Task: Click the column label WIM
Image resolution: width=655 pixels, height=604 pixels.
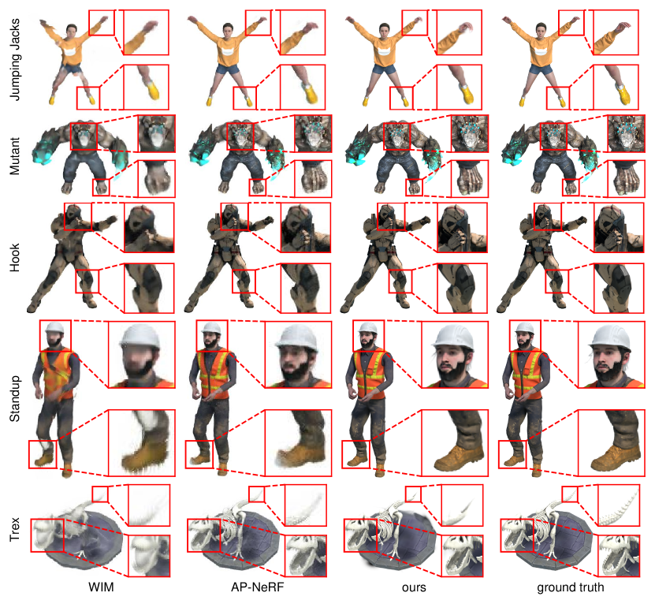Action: click(101, 587)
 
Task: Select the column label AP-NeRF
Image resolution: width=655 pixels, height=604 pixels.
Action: click(257, 587)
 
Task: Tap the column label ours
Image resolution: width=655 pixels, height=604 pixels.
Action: click(414, 587)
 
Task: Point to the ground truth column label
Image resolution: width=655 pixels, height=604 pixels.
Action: click(571, 587)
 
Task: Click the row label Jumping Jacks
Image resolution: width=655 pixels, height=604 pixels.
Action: click(15, 59)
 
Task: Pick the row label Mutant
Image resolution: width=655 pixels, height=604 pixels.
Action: click(15, 156)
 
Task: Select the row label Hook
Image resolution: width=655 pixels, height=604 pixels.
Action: click(15, 258)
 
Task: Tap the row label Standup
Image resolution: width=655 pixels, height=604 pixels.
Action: click(15, 398)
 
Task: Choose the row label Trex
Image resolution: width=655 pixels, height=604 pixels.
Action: click(15, 530)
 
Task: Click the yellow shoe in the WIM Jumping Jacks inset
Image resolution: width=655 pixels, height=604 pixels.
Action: click(154, 91)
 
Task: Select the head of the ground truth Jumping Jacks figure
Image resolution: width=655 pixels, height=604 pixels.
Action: click(541, 31)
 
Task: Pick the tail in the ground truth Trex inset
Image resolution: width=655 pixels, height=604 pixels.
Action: click(618, 511)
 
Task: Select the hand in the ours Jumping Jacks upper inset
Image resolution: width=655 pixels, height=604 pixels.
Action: click(465, 28)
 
